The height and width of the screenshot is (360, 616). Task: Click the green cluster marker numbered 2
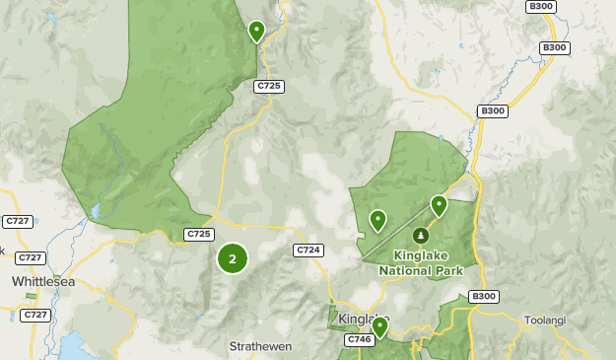[233, 258]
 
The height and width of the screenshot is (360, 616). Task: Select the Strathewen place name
[261, 346]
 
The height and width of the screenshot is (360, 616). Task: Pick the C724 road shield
[308, 251]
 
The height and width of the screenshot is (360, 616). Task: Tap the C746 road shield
[358, 339]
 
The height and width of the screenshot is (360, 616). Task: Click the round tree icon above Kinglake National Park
[421, 236]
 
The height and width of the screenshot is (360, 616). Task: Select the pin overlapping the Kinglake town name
[379, 326]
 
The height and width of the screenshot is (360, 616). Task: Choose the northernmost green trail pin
[256, 31]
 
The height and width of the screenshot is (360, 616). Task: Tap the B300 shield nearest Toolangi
[484, 296]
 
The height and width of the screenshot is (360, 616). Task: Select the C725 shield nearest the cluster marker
[199, 234]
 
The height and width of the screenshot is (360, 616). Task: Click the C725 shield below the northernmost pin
[269, 87]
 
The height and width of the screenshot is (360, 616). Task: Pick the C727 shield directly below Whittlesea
[35, 315]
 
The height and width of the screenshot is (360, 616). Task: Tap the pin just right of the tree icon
[439, 205]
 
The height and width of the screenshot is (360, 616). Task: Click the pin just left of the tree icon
[377, 219]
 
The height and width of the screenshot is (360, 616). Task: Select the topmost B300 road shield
[541, 6]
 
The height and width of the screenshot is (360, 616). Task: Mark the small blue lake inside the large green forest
[96, 211]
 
